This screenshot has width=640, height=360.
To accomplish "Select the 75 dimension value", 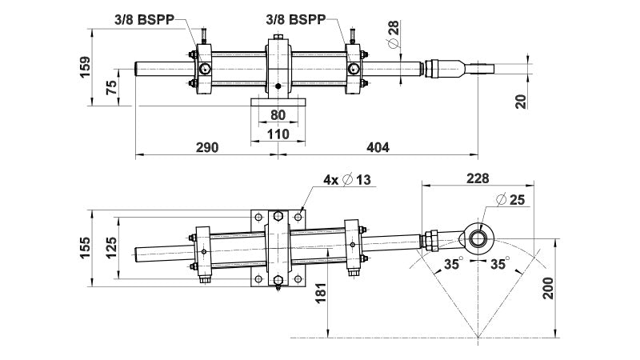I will pyautogui.click(x=113, y=86).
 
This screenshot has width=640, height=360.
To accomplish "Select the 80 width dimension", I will pyautogui.click(x=278, y=114).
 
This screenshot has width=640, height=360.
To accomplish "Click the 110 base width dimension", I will pyautogui.click(x=278, y=134).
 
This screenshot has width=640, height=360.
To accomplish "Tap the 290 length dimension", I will pyautogui.click(x=206, y=147).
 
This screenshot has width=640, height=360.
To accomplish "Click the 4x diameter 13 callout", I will pyautogui.click(x=347, y=180).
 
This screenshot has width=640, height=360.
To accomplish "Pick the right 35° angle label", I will pyautogui.click(x=500, y=263).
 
